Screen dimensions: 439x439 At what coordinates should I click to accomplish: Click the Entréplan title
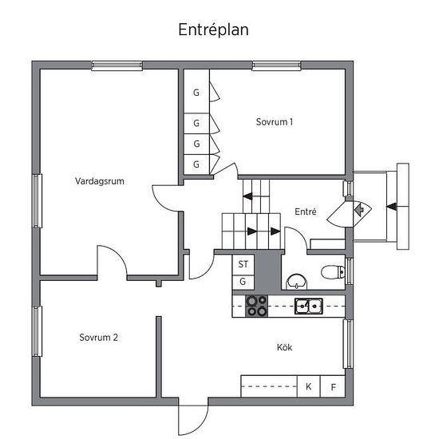(213, 30)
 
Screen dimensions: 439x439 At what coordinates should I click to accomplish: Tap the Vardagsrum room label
(100, 181)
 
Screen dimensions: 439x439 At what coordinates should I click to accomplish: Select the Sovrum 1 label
(275, 122)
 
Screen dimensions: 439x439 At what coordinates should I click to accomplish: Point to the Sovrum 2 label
(98, 338)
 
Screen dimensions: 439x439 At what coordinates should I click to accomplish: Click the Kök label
(284, 347)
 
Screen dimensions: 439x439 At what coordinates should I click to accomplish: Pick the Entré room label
(306, 212)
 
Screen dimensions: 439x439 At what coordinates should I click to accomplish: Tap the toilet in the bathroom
(333, 271)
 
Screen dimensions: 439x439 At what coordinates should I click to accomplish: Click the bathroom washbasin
(296, 282)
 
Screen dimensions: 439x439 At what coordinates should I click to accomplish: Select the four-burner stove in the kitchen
(256, 306)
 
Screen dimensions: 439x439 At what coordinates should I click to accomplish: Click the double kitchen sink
(309, 306)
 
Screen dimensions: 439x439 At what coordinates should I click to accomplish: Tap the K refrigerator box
(309, 386)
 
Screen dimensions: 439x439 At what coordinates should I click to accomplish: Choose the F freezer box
(333, 386)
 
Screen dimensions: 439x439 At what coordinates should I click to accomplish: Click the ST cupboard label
(243, 264)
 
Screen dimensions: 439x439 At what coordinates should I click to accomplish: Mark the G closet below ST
(243, 283)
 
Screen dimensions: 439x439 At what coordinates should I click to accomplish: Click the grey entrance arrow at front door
(359, 209)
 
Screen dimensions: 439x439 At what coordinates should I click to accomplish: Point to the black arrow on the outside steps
(392, 207)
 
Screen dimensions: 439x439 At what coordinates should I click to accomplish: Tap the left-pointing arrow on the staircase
(247, 196)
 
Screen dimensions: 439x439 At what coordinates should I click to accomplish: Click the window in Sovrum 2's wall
(38, 331)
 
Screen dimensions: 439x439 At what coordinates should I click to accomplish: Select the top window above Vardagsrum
(117, 65)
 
